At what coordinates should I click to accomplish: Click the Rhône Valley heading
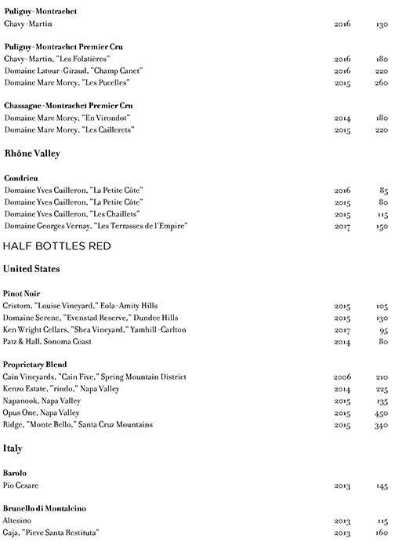(33, 154)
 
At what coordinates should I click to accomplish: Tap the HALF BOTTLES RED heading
(56, 245)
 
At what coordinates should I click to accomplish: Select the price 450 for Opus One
(380, 413)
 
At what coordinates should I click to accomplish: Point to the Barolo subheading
(16, 474)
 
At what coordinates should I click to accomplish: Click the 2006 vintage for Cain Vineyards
(342, 377)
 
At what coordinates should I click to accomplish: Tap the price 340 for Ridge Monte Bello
(380, 424)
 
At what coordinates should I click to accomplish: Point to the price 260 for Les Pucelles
(380, 82)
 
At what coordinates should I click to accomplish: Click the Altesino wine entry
(20, 521)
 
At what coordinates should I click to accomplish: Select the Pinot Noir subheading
(23, 293)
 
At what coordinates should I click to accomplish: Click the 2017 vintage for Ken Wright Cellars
(342, 329)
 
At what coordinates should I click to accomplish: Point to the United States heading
(32, 269)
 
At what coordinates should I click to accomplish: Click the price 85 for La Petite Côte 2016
(383, 190)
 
